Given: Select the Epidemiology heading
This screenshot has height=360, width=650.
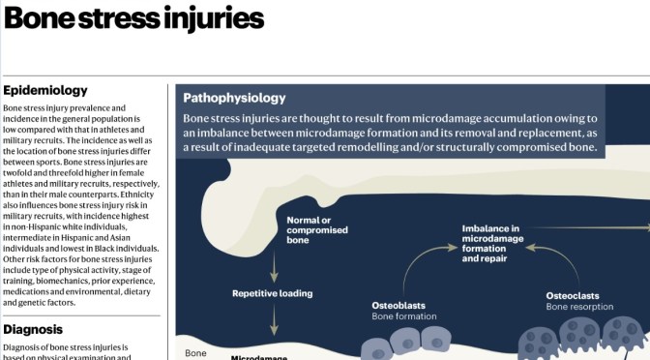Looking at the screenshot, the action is click(45, 90).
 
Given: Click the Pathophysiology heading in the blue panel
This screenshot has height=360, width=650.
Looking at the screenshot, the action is click(234, 98).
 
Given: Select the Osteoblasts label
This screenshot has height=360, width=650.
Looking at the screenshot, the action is click(399, 305).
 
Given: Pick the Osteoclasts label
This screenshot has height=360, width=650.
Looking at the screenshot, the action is click(574, 295).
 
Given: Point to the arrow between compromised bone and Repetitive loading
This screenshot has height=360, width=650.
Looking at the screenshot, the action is click(274, 263).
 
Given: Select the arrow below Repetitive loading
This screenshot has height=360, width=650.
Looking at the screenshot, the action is click(274, 321).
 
